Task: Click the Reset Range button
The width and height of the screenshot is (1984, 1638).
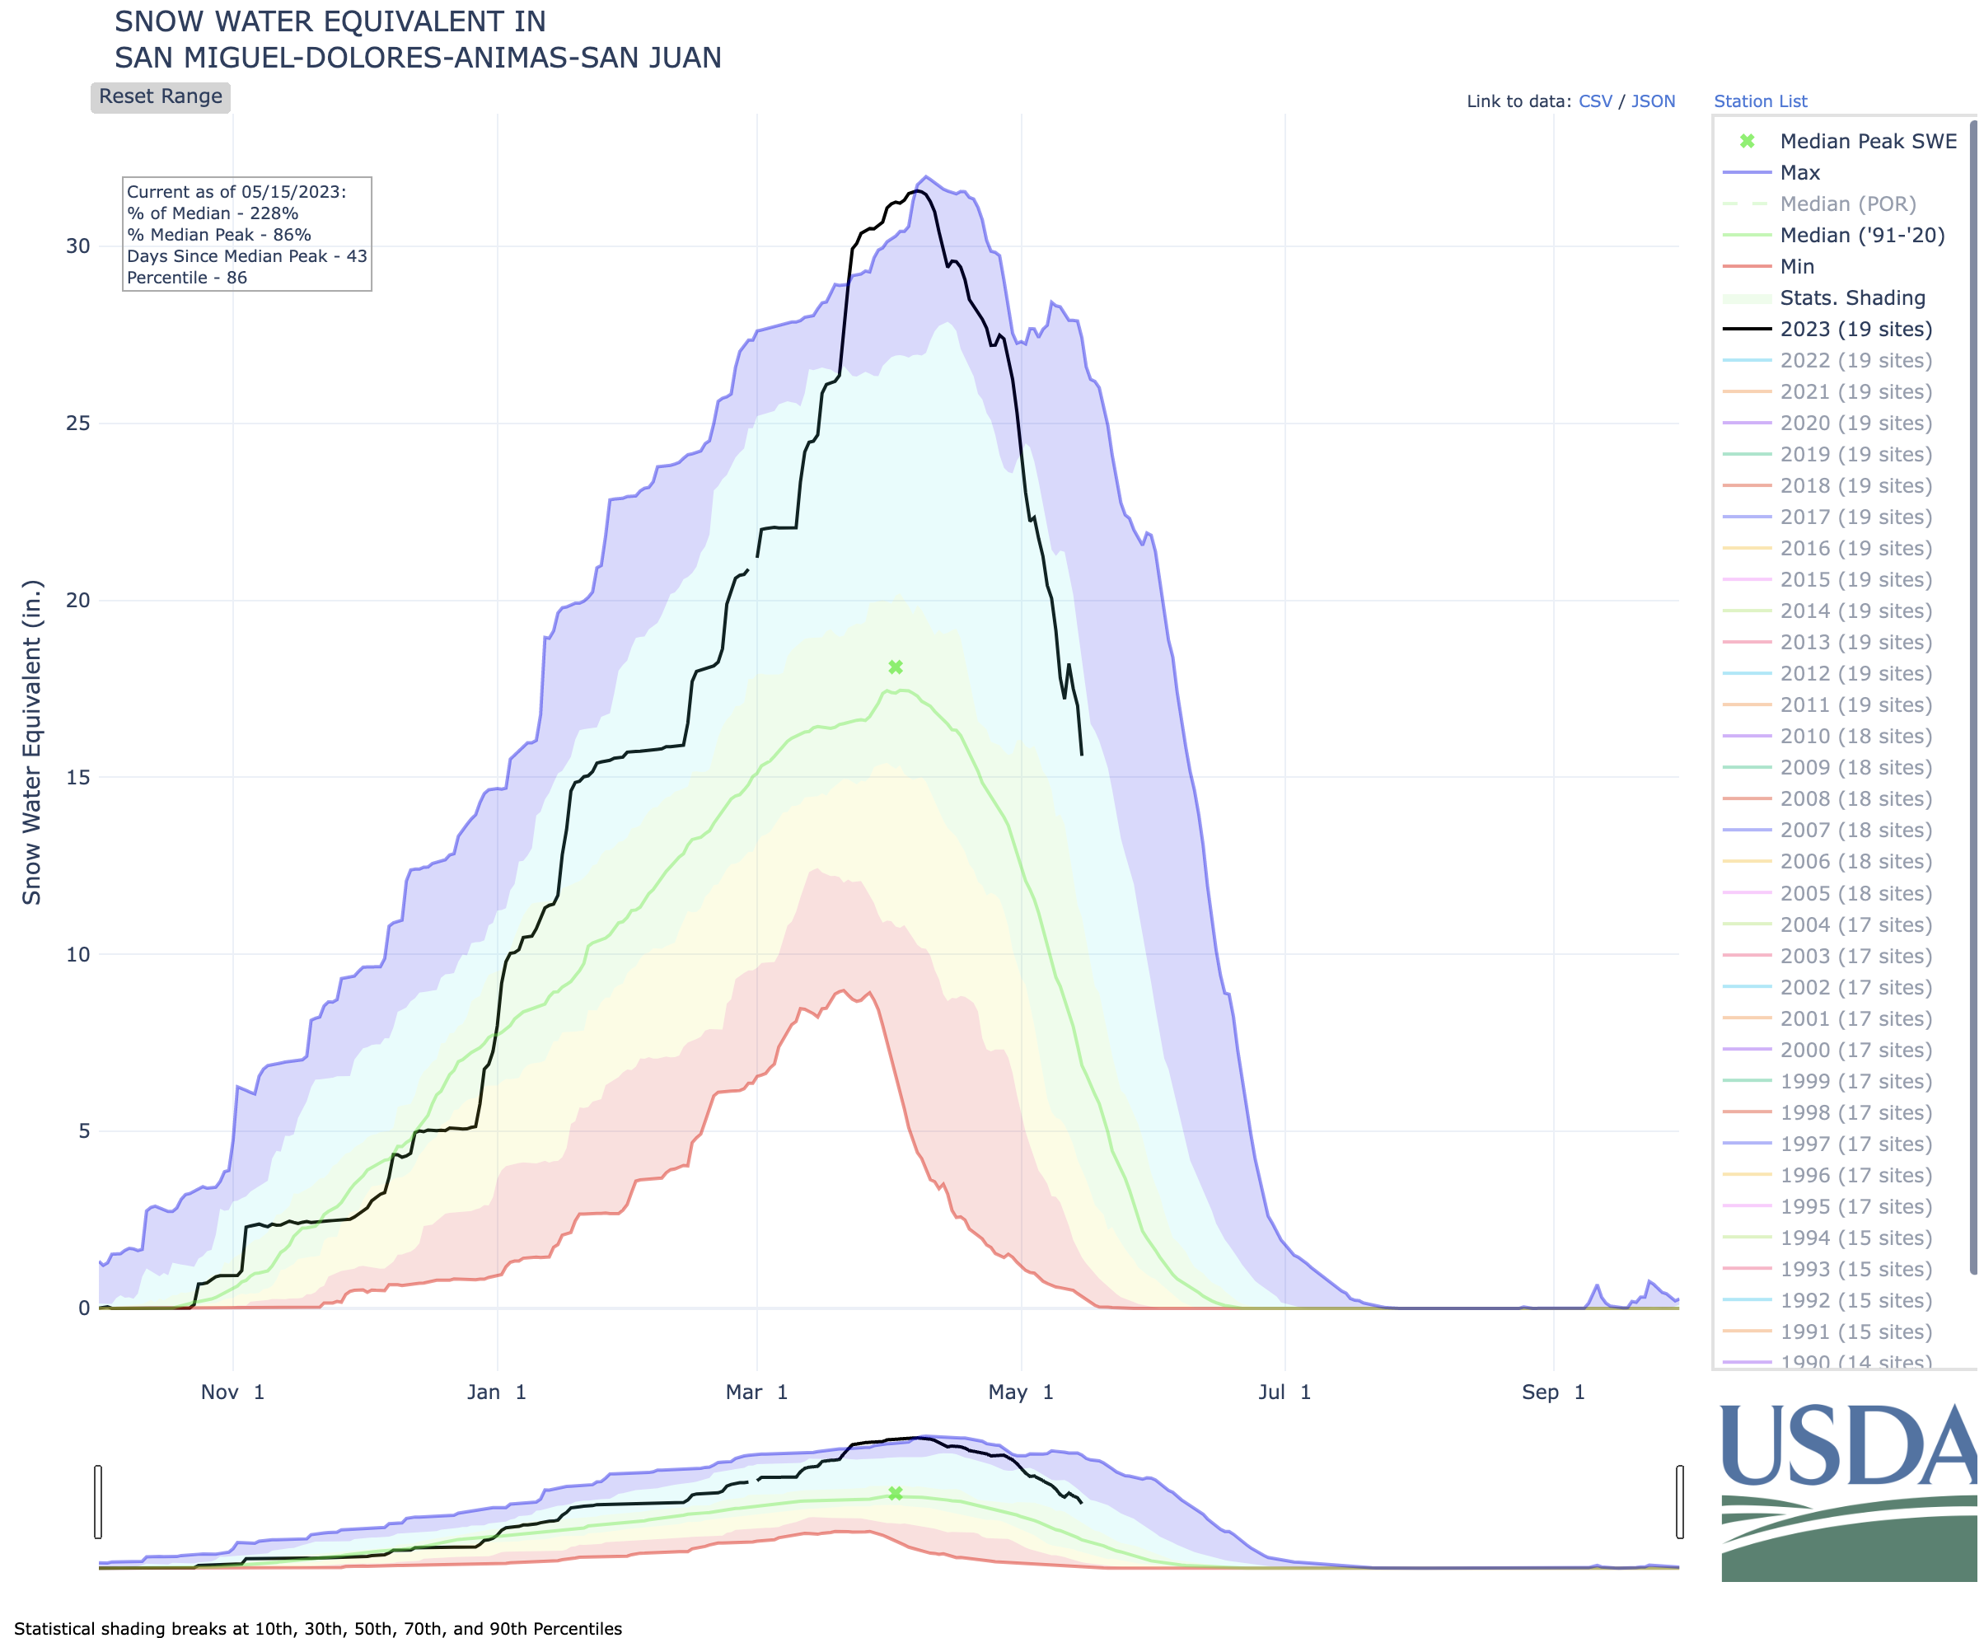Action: click(x=161, y=97)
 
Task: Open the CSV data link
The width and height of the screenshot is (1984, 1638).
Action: click(x=1594, y=101)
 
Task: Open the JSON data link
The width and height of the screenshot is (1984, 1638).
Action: click(x=1653, y=101)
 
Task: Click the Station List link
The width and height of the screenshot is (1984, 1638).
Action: click(x=1759, y=101)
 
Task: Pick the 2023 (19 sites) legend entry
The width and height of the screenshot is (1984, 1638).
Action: click(x=1855, y=330)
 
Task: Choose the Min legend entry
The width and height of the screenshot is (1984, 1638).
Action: click(x=1796, y=266)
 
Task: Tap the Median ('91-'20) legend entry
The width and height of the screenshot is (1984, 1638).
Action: click(x=1861, y=235)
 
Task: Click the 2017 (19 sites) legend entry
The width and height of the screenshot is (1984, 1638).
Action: click(x=1855, y=517)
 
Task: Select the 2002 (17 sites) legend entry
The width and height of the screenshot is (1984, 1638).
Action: click(x=1855, y=987)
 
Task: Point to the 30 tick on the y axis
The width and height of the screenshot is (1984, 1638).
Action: click(x=77, y=246)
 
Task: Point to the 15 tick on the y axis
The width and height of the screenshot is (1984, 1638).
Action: click(x=77, y=778)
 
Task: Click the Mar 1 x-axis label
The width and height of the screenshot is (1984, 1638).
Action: click(x=756, y=1392)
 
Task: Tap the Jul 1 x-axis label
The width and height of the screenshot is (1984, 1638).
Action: click(x=1284, y=1392)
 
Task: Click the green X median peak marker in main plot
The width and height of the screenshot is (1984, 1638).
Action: click(x=896, y=667)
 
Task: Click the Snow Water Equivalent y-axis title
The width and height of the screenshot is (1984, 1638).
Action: click(x=32, y=742)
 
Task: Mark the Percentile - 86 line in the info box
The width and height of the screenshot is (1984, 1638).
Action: click(x=187, y=278)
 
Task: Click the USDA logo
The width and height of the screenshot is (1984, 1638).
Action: click(x=1847, y=1491)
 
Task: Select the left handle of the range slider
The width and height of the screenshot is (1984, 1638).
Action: click(x=98, y=1501)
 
